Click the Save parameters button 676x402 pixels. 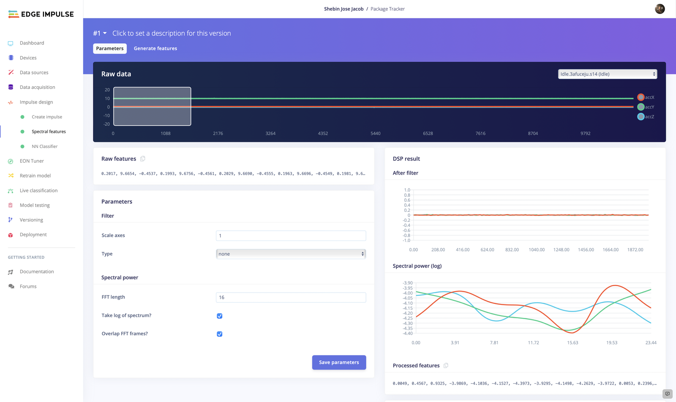[x=339, y=362]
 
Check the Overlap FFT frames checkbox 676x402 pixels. [x=220, y=334]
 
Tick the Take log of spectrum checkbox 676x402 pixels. [x=220, y=316]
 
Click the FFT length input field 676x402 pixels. [x=291, y=298]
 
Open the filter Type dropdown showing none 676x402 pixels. [x=291, y=254]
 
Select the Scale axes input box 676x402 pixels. [x=291, y=236]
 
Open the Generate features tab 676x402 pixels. [x=155, y=49]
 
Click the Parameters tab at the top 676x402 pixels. [x=110, y=49]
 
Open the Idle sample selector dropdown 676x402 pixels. [x=607, y=74]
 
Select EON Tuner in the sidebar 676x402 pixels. [x=32, y=161]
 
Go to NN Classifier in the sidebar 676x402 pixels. [x=44, y=146]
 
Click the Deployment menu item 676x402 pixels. [x=33, y=235]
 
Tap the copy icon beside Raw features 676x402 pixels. [x=143, y=159]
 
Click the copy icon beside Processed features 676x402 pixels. [x=446, y=366]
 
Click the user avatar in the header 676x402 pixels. [x=660, y=9]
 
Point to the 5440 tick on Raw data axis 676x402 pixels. [x=375, y=134]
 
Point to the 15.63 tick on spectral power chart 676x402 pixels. [x=572, y=343]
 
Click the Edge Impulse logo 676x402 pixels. [x=41, y=14]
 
